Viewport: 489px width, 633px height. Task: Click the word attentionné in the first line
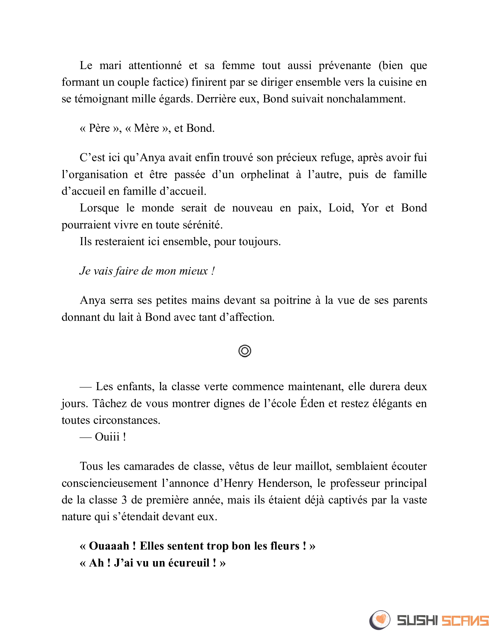coord(155,66)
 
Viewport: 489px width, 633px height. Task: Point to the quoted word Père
coord(99,128)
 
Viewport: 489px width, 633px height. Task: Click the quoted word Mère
coord(147,128)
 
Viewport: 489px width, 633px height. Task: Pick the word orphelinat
coord(265,174)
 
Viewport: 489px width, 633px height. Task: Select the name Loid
coord(341,208)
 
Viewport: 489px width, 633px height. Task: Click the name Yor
coord(369,208)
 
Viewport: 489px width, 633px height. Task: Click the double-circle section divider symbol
coord(245,351)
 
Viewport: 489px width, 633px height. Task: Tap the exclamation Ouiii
coord(107,437)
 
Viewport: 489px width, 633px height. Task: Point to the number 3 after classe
coord(124,500)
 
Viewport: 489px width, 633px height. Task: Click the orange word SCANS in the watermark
coord(465,620)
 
